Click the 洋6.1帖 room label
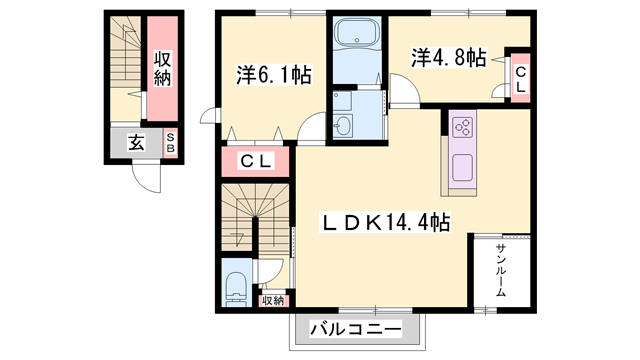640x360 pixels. click(271, 74)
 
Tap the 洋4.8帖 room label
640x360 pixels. click(447, 57)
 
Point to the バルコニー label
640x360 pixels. click(355, 328)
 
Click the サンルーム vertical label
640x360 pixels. click(500, 271)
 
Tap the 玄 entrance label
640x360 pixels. click(135, 142)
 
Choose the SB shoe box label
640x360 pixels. click(170, 141)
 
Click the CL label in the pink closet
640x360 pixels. click(256, 161)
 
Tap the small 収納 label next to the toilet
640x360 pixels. click(273, 300)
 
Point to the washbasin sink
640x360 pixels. click(344, 125)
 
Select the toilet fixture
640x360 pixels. click(236, 284)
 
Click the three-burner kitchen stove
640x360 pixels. click(464, 127)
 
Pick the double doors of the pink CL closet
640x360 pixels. click(256, 135)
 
